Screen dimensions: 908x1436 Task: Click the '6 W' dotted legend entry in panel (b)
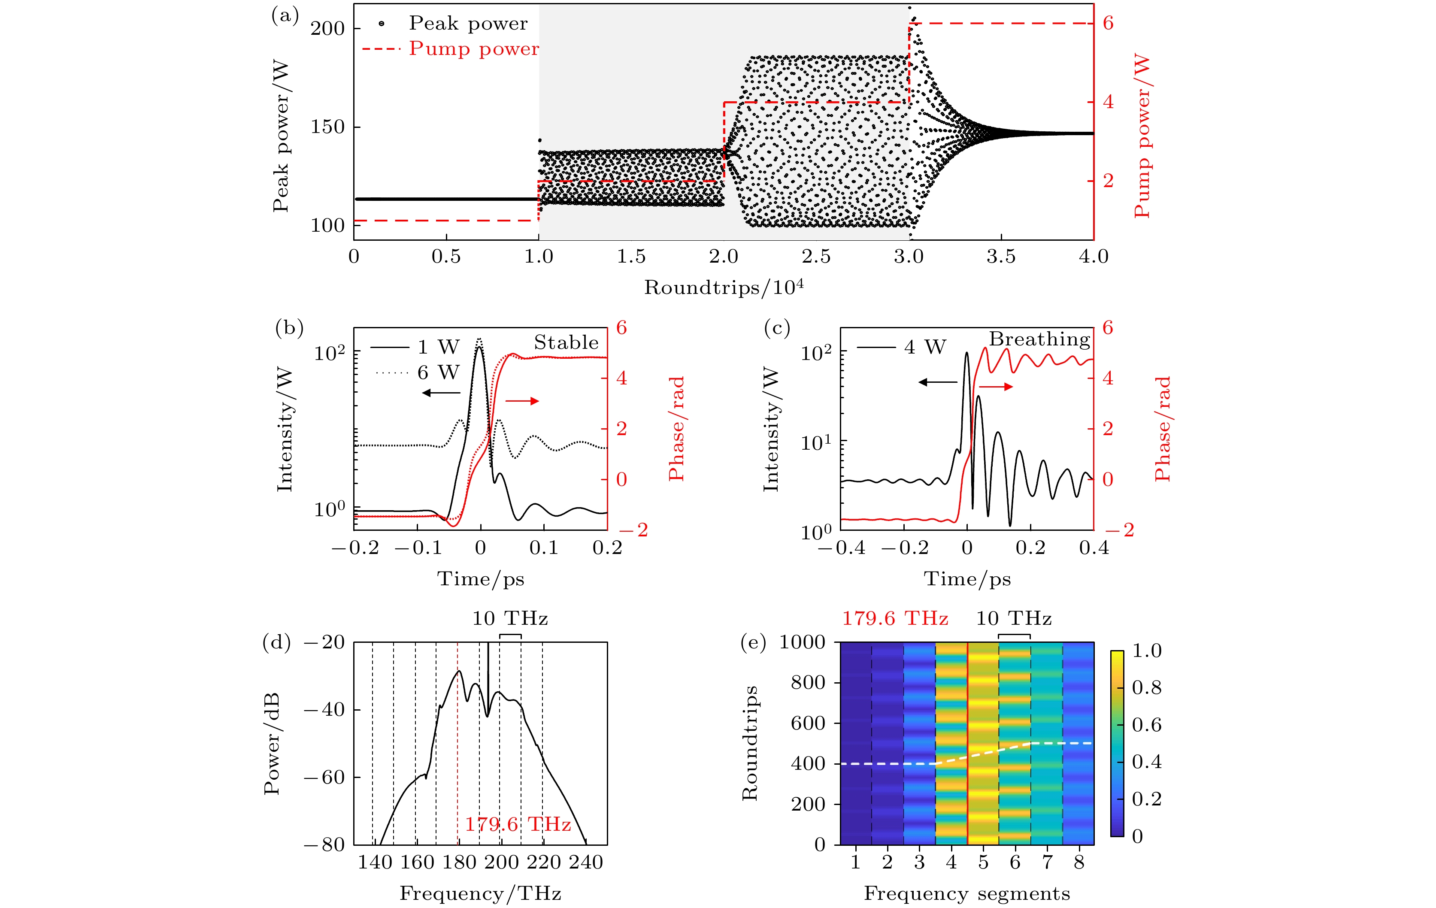click(438, 372)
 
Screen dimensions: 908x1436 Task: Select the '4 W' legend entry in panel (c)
click(925, 347)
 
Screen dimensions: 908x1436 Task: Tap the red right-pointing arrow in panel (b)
click(522, 401)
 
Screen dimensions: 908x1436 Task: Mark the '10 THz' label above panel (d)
click(510, 618)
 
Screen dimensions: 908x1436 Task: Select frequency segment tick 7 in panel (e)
click(1047, 862)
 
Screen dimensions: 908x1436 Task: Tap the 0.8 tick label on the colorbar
click(1147, 687)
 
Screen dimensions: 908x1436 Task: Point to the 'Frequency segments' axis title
click(966, 893)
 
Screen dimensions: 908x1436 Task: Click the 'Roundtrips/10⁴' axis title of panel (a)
click(724, 288)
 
